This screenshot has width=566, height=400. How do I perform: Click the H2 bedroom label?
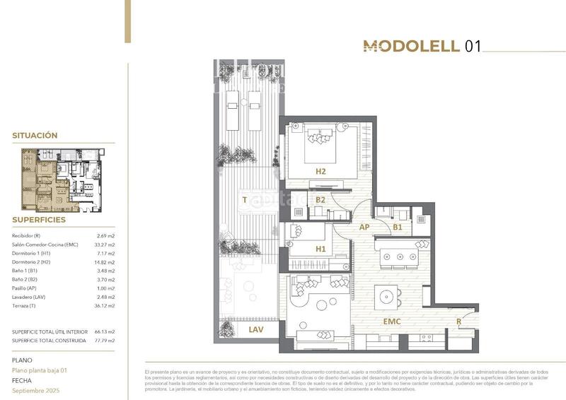tap(320, 170)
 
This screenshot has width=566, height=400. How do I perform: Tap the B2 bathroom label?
tap(320, 200)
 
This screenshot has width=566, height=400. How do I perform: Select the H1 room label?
tap(320, 249)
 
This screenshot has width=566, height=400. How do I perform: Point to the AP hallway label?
tap(365, 227)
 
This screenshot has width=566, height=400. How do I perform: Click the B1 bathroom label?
tap(398, 227)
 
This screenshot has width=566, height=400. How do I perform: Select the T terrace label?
tap(244, 200)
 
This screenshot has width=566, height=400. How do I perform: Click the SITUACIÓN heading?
tap(35, 135)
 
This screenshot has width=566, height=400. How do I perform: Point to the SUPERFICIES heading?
tap(39, 220)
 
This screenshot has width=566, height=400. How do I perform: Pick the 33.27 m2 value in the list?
tap(105, 245)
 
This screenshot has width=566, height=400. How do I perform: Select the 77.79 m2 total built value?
tap(105, 341)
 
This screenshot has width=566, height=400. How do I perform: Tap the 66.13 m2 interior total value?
tap(105, 331)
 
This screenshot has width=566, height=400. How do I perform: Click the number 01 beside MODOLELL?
tap(473, 47)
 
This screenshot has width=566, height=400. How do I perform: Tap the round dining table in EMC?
tap(386, 293)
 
